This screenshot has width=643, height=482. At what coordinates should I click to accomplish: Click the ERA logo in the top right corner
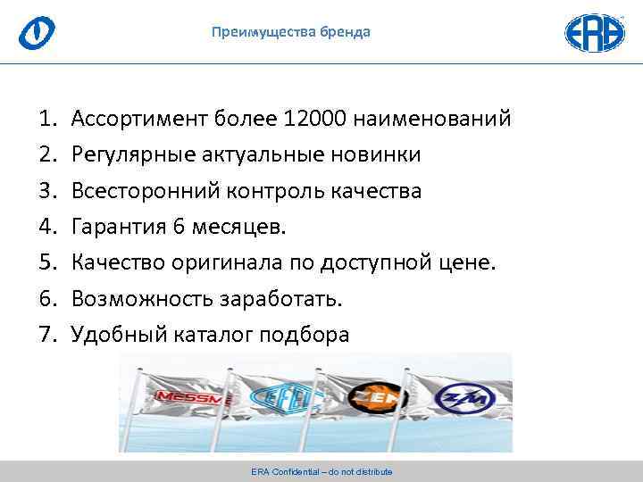595,32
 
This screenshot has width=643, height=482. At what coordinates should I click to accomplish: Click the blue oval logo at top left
37,33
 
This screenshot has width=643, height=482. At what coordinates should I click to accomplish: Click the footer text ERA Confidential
321,471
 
